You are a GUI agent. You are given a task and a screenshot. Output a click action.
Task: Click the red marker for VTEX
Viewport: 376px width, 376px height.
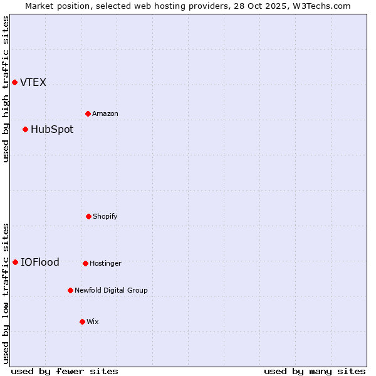coord(14,82)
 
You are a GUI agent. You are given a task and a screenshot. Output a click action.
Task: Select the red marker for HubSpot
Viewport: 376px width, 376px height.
coord(25,129)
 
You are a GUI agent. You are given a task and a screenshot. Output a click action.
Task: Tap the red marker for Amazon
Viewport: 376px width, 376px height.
coord(88,113)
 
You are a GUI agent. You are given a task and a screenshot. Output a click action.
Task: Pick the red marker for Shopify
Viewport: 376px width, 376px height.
coord(88,216)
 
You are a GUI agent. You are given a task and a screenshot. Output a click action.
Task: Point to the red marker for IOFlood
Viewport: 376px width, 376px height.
coord(15,262)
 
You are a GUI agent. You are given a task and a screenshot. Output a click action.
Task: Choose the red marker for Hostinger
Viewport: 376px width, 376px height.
coord(85,263)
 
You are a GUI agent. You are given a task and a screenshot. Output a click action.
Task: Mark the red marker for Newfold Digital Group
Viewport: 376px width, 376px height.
coord(70,290)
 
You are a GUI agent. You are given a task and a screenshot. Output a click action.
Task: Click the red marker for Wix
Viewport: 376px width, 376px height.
coord(82,321)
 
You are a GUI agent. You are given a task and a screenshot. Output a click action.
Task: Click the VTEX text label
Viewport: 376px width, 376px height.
coord(33,82)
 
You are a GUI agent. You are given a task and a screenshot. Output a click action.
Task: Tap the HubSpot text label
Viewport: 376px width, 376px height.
coord(52,129)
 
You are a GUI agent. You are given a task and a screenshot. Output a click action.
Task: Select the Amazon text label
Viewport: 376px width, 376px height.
coord(105,113)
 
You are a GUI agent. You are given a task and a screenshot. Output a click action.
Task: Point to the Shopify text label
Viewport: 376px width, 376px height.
coord(105,216)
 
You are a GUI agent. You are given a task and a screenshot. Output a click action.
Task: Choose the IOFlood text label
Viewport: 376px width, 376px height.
coord(40,262)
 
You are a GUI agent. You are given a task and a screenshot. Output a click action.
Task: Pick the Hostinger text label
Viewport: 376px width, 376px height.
coord(105,263)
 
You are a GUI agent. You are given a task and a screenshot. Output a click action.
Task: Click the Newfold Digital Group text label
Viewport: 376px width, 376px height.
coord(111,290)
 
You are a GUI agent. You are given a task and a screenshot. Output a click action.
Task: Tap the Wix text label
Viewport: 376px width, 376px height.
coord(93,321)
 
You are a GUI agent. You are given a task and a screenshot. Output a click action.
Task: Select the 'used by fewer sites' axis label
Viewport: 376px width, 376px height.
coord(65,371)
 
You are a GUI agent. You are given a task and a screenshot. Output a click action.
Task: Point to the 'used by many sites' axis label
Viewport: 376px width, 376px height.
coord(315,371)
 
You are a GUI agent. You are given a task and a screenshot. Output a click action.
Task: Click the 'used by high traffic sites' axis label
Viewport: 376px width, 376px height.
coord(6,89)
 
